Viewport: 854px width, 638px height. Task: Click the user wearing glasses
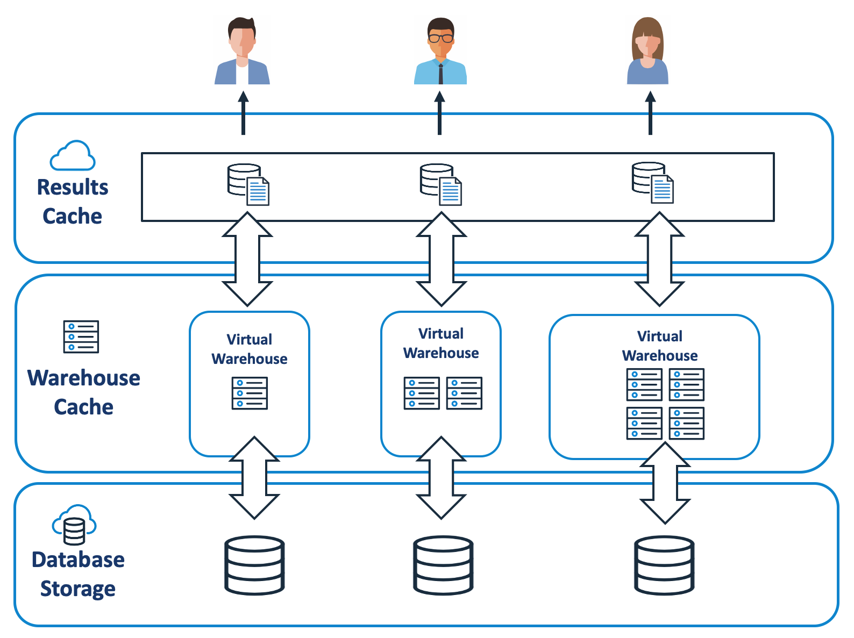[440, 52]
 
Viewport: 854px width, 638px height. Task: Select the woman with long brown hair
[647, 52]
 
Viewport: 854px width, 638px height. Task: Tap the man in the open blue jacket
[242, 52]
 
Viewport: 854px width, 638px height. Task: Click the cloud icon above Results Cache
[73, 156]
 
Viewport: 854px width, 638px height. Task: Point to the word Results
[73, 187]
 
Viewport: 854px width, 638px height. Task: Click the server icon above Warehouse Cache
[81, 337]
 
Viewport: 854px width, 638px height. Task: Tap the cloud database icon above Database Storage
[74, 524]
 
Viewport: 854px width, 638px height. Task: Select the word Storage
[77, 589]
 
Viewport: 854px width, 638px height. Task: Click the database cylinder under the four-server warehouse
[664, 565]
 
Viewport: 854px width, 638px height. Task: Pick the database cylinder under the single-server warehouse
[254, 565]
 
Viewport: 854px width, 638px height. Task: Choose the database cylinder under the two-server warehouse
[443, 565]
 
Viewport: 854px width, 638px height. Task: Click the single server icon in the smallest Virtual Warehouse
[250, 393]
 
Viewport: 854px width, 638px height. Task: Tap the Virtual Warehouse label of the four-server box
[660, 346]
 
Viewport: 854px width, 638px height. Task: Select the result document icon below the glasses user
[441, 184]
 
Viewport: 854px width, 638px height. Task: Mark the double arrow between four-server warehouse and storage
[665, 483]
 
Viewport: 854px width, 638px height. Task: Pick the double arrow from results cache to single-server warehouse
[247, 259]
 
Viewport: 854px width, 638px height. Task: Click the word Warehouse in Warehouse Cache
[84, 378]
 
